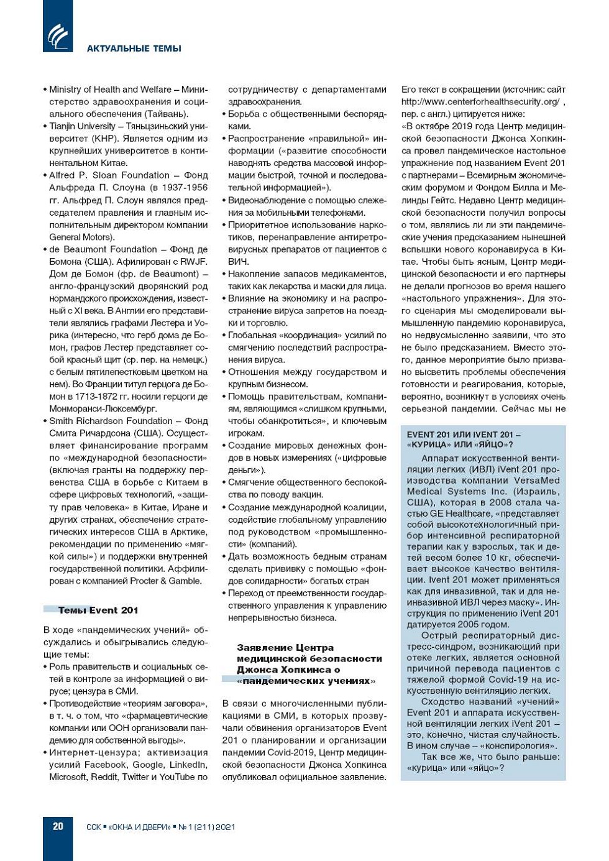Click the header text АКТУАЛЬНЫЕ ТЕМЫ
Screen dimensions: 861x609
click(x=134, y=48)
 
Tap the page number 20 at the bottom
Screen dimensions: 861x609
click(x=58, y=826)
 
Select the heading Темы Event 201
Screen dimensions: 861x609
click(x=98, y=610)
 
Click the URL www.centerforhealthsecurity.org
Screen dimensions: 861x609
click(x=480, y=101)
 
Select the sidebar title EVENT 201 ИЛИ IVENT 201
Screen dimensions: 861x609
click(x=464, y=435)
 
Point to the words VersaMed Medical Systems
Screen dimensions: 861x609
click(x=483, y=486)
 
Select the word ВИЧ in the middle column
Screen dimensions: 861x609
click(x=238, y=262)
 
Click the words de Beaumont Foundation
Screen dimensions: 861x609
click(x=103, y=249)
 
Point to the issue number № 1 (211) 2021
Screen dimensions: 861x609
click(x=207, y=827)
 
